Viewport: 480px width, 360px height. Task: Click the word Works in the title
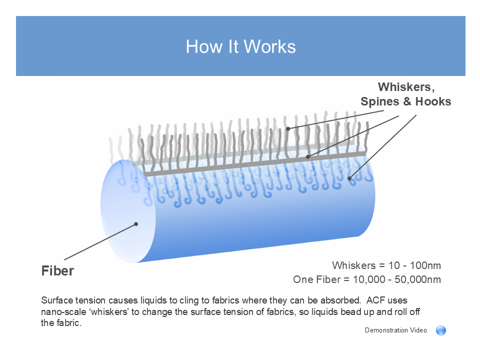pos(269,47)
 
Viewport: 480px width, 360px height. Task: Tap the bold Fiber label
pos(57,271)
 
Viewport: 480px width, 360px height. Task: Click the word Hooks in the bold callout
pos(433,101)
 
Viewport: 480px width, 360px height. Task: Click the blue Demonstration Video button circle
pos(441,330)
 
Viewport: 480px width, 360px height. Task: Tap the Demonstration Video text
pos(396,330)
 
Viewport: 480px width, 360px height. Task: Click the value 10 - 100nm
pos(414,265)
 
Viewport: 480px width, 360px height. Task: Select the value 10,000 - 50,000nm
pos(396,279)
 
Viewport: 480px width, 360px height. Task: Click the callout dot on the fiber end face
pos(136,224)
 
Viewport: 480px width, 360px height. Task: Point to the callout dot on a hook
pos(349,178)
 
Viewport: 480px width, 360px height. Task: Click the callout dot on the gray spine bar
pos(308,156)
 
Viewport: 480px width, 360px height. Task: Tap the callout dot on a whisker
pos(288,128)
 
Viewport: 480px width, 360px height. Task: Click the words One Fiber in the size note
pos(317,279)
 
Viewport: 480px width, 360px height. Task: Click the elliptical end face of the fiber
pos(128,211)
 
